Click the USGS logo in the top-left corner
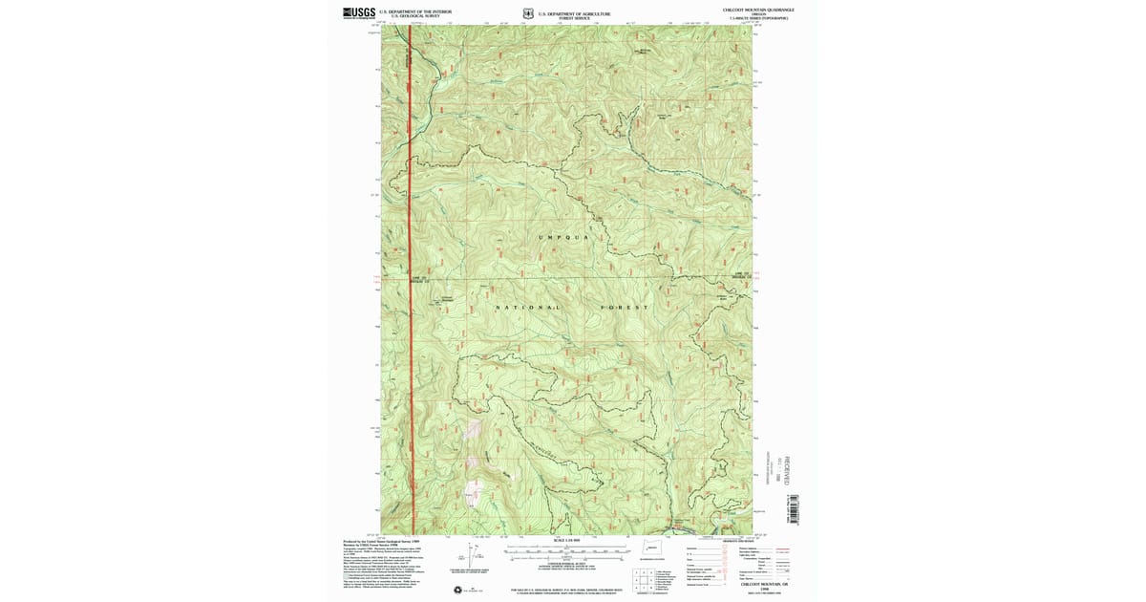pyautogui.click(x=360, y=13)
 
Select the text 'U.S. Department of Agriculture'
pyautogui.click(x=574, y=13)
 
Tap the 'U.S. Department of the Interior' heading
pyautogui.click(x=414, y=11)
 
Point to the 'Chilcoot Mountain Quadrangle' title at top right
pyautogui.click(x=759, y=10)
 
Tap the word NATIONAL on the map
pyautogui.click(x=527, y=308)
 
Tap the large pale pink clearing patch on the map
pyautogui.click(x=472, y=493)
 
